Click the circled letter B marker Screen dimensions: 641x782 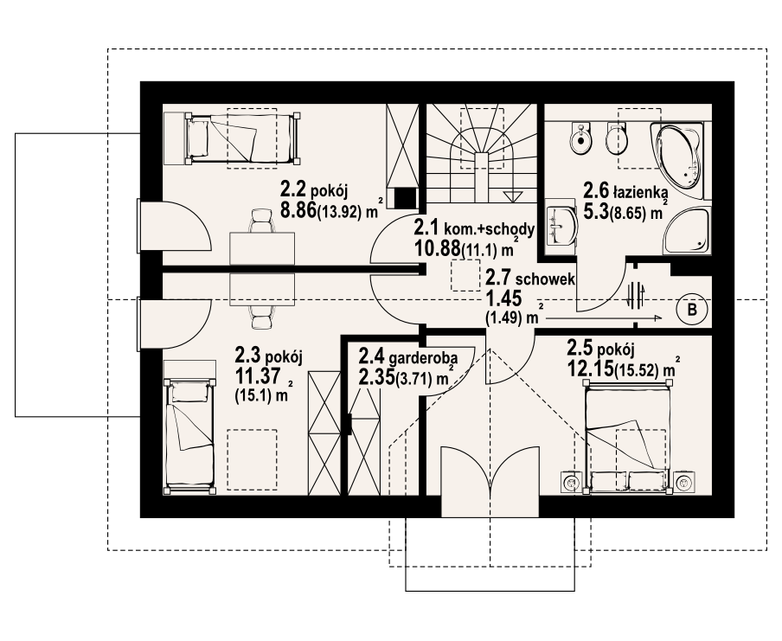click(x=691, y=309)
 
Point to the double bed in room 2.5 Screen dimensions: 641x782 click(x=627, y=437)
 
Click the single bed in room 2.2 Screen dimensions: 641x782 click(x=239, y=138)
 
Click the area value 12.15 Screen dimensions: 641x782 click(x=589, y=369)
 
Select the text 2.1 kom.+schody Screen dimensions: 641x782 click(x=471, y=229)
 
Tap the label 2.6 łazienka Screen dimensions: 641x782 click(x=623, y=190)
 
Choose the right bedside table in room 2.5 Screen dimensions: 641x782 click(x=685, y=481)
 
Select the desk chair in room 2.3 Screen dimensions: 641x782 click(x=259, y=318)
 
